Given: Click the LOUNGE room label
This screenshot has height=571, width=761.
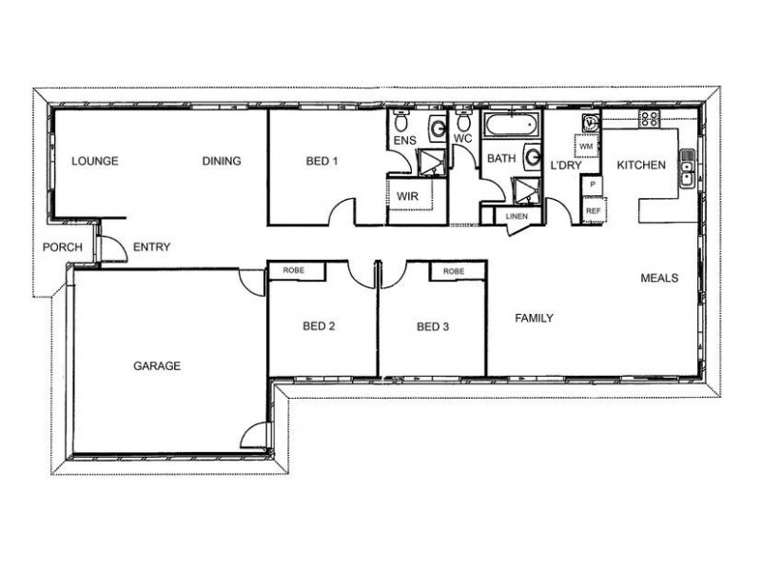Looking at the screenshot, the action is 94,161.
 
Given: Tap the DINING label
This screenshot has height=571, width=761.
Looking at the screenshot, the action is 222,161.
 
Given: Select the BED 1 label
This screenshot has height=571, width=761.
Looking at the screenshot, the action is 322,161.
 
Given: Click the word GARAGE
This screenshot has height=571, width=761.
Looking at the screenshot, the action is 157,365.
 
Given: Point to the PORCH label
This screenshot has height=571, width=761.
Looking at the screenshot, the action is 62,247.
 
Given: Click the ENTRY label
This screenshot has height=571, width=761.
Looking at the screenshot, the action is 151,246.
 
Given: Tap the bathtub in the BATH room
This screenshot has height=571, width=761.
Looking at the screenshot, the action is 512,125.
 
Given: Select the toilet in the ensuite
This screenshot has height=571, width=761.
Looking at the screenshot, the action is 400,121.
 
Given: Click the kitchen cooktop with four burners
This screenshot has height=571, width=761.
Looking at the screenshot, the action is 650,119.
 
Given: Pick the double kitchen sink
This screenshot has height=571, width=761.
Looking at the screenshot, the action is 687,168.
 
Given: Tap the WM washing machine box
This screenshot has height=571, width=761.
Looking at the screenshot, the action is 586,147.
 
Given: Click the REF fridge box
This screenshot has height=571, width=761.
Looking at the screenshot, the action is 593,210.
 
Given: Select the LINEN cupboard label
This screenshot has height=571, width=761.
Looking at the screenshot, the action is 517,216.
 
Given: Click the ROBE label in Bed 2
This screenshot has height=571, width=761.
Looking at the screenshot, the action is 293,270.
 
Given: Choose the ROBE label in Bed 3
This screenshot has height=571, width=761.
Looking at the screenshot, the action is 454,271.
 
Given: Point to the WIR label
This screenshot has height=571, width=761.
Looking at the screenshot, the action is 407,196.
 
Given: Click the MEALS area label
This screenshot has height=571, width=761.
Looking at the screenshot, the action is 659,278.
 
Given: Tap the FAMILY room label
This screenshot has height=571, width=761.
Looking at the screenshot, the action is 534,318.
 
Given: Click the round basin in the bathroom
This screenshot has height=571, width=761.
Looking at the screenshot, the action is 533,157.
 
